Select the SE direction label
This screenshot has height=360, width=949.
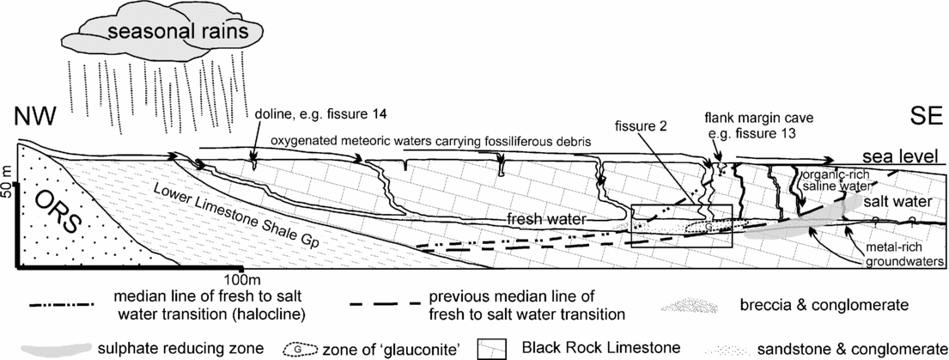tap(915, 119)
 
